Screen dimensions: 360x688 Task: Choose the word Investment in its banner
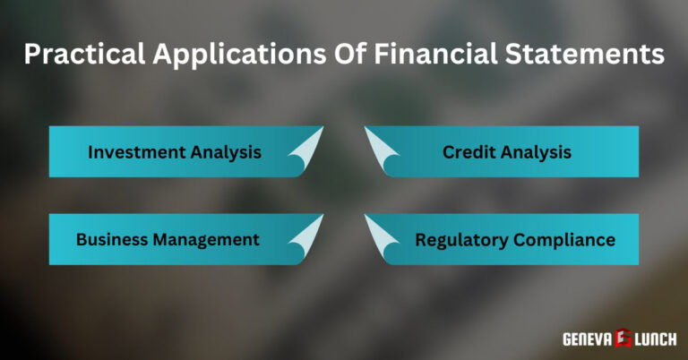click(x=135, y=152)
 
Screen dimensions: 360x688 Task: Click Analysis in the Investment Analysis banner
click(x=225, y=152)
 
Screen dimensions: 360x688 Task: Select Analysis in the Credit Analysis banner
click(x=536, y=152)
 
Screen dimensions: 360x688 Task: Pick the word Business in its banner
click(x=114, y=240)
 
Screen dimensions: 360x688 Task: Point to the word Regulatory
click(x=460, y=240)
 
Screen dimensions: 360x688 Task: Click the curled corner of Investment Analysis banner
click(x=306, y=145)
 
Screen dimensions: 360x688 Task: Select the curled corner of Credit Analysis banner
click(x=381, y=145)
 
